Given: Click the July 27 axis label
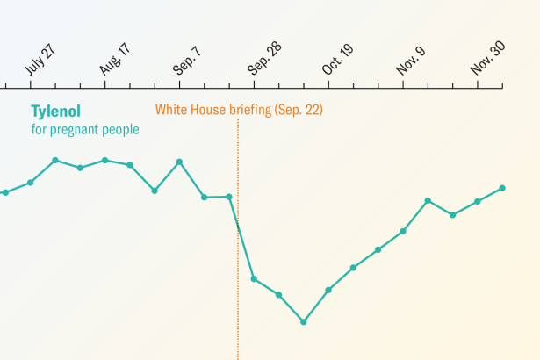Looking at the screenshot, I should coord(41,57).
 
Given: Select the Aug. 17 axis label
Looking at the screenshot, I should coord(116,58).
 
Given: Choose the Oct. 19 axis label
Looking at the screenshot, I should coord(339,58).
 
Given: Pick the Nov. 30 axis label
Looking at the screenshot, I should coord(488,57).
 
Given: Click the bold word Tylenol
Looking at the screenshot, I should coord(54,112).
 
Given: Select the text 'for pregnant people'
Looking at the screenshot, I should coord(85,129).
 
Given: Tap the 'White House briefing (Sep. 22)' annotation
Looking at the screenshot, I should coord(240,111).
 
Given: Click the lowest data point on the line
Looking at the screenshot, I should coord(304,321).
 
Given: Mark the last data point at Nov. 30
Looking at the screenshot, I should coord(502,188).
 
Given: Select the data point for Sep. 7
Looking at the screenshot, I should coord(179,162).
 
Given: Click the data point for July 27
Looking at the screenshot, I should coord(31,183).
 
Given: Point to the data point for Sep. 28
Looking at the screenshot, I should coord(254,279).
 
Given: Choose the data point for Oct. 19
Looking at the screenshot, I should coord(328,290).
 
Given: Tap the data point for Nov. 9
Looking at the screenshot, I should coord(403,232).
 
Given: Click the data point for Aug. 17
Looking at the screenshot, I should coord(104,161).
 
